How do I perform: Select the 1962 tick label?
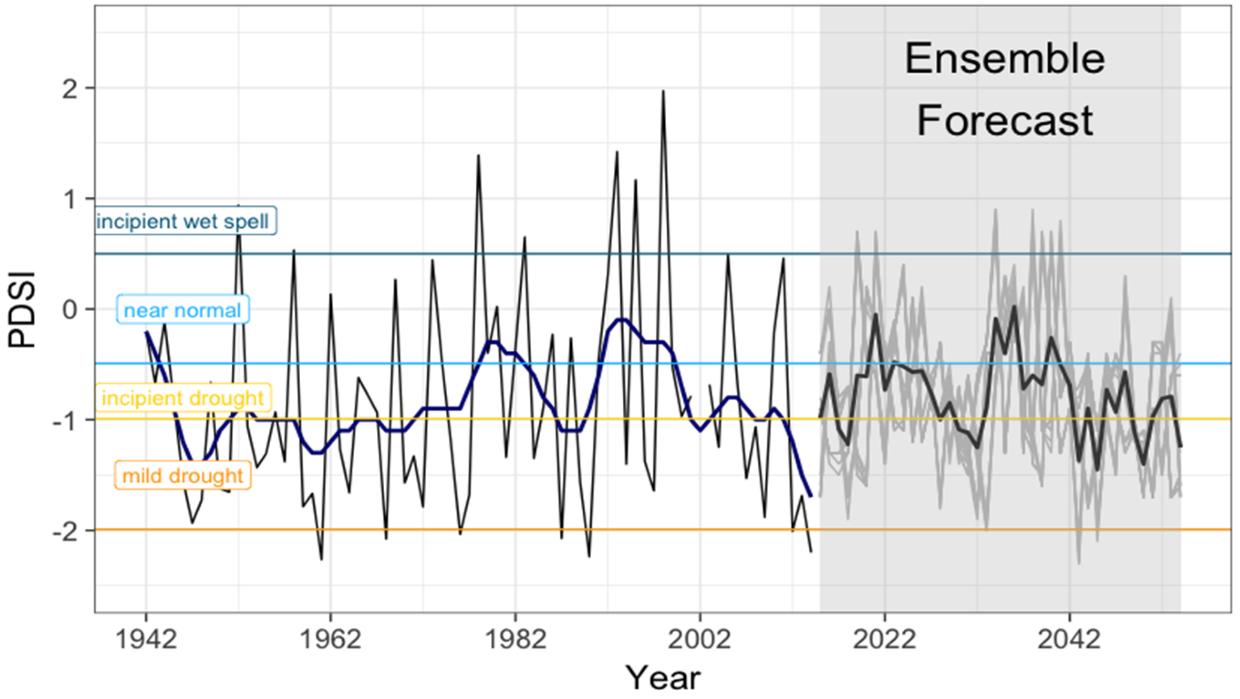click(x=330, y=640)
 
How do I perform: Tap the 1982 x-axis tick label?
click(x=515, y=640)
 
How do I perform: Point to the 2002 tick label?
click(x=699, y=640)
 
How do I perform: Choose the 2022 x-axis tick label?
click(x=885, y=640)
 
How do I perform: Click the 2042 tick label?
click(x=1069, y=640)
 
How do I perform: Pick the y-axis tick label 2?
click(x=70, y=89)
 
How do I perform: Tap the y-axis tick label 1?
click(x=70, y=199)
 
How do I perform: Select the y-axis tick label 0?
click(x=70, y=309)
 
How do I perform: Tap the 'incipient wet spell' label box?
click(x=183, y=222)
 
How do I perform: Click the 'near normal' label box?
click(x=182, y=310)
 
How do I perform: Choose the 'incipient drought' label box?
click(x=182, y=398)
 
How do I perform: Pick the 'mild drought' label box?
click(x=182, y=476)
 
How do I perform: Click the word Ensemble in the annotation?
click(x=1004, y=59)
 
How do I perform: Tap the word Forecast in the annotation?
click(x=1004, y=121)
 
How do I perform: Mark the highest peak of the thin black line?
click(x=663, y=91)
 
